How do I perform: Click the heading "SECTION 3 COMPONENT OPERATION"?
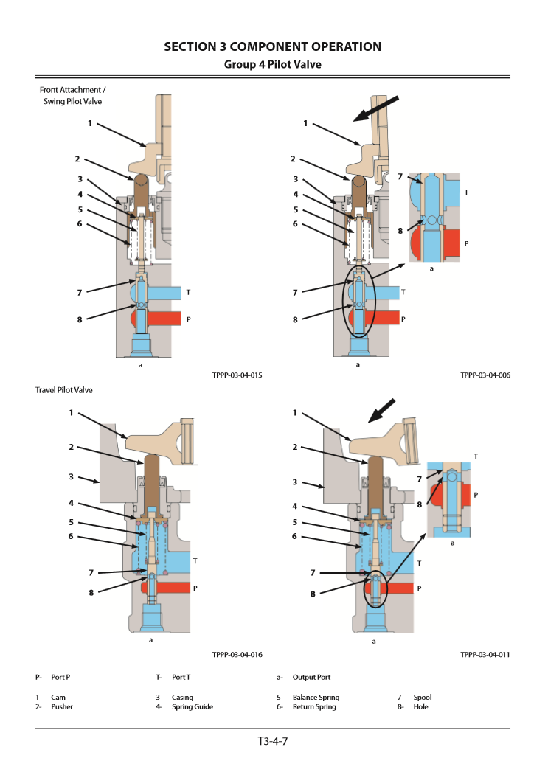273,47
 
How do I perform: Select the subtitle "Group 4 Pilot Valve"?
273,65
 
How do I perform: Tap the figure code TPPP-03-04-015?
237,375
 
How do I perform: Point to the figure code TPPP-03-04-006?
485,375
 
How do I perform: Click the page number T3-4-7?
273,742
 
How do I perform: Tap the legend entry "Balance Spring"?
316,697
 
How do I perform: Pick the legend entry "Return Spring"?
313,707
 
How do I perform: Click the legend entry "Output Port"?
311,677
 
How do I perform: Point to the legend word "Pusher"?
62,707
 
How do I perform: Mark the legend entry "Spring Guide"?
193,707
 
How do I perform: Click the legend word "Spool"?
423,697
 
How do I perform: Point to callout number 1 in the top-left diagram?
90,123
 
